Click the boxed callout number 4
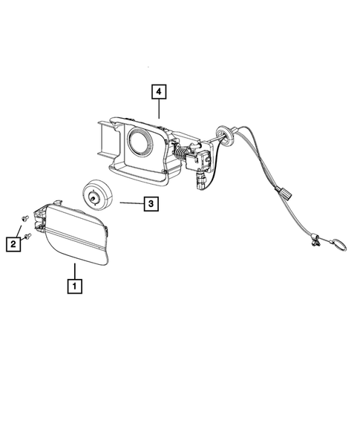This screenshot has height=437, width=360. coord(159,92)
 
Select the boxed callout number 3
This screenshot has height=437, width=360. coord(151,204)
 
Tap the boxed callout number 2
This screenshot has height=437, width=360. coord(13,244)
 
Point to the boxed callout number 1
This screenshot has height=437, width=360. coord(75,286)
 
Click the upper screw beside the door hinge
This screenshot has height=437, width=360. coord(24,218)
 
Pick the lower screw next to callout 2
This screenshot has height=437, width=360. coord(27,237)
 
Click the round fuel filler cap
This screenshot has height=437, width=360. coord(97,194)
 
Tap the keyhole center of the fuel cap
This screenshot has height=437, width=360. coord(93,198)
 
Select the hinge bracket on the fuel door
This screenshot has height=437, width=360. coord(39,219)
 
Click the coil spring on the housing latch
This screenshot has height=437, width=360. coord(180,153)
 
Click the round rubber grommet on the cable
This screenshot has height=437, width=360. coord(224,134)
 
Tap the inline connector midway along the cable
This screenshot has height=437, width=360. coord(284,194)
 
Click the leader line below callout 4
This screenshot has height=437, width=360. coord(159,108)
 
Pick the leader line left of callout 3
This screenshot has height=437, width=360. coord(132,203)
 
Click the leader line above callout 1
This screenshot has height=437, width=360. coord(75,271)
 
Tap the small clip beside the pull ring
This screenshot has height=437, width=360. coord(315,241)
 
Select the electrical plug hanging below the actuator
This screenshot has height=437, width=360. coord(200,181)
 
